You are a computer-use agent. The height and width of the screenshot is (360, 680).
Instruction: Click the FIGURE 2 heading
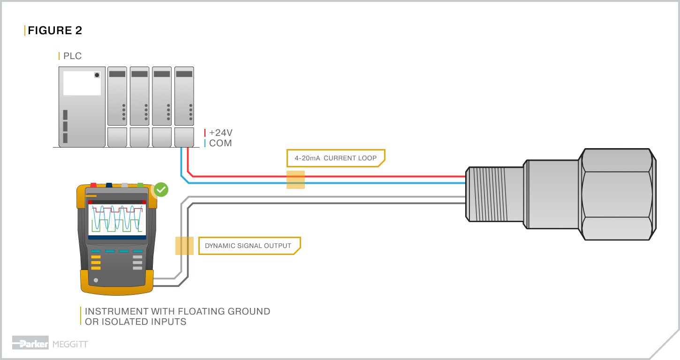pos(55,31)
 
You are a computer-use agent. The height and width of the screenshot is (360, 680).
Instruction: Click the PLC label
pos(72,56)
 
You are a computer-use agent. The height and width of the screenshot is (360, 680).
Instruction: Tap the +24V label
pos(221,133)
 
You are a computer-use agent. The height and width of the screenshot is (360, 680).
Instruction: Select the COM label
pos(220,143)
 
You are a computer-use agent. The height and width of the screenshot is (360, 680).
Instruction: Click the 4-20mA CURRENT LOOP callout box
pos(335,158)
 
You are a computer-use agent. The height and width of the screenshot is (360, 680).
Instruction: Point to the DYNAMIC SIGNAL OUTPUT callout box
pos(248,246)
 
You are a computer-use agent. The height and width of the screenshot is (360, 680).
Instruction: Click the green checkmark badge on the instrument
pos(161,189)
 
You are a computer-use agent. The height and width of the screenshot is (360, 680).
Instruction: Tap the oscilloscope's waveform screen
pos(117,218)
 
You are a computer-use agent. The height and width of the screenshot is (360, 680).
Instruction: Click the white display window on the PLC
pos(82,83)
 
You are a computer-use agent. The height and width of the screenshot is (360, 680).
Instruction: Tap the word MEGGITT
pos(70,345)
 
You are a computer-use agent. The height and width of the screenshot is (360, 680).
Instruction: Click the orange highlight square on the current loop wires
pos(295,180)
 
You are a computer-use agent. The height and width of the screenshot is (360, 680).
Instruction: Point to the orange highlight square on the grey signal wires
pos(184,246)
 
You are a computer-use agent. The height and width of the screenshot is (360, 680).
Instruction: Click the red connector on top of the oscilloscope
pos(94,185)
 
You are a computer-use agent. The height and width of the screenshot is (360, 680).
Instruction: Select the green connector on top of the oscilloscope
pos(140,185)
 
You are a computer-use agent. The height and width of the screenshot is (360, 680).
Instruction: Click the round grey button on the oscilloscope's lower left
pos(96,280)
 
